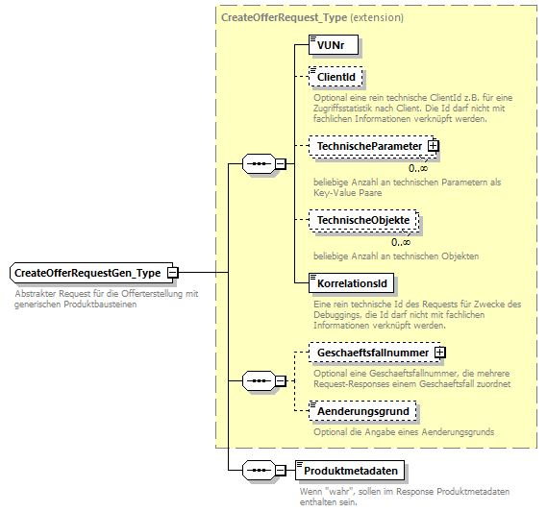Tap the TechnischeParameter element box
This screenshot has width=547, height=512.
click(x=369, y=146)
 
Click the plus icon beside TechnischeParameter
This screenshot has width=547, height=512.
click(x=434, y=146)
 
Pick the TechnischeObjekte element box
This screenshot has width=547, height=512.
click(x=362, y=221)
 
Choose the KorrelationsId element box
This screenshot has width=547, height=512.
click(x=352, y=284)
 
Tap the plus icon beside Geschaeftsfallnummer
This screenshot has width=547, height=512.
click(x=440, y=353)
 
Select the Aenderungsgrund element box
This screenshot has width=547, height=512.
click(x=362, y=411)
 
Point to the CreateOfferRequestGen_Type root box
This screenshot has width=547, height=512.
click(x=87, y=273)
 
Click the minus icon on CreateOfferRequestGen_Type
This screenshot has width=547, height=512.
click(x=173, y=273)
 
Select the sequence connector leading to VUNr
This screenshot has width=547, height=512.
click(x=258, y=164)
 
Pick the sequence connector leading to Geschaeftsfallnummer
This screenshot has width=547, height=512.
click(x=258, y=381)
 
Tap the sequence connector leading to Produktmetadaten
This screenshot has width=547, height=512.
click(x=258, y=471)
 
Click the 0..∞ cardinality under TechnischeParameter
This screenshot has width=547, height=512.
click(x=418, y=167)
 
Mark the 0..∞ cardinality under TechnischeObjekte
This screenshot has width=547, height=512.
click(x=401, y=241)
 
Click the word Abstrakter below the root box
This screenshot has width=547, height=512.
click(x=35, y=294)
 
